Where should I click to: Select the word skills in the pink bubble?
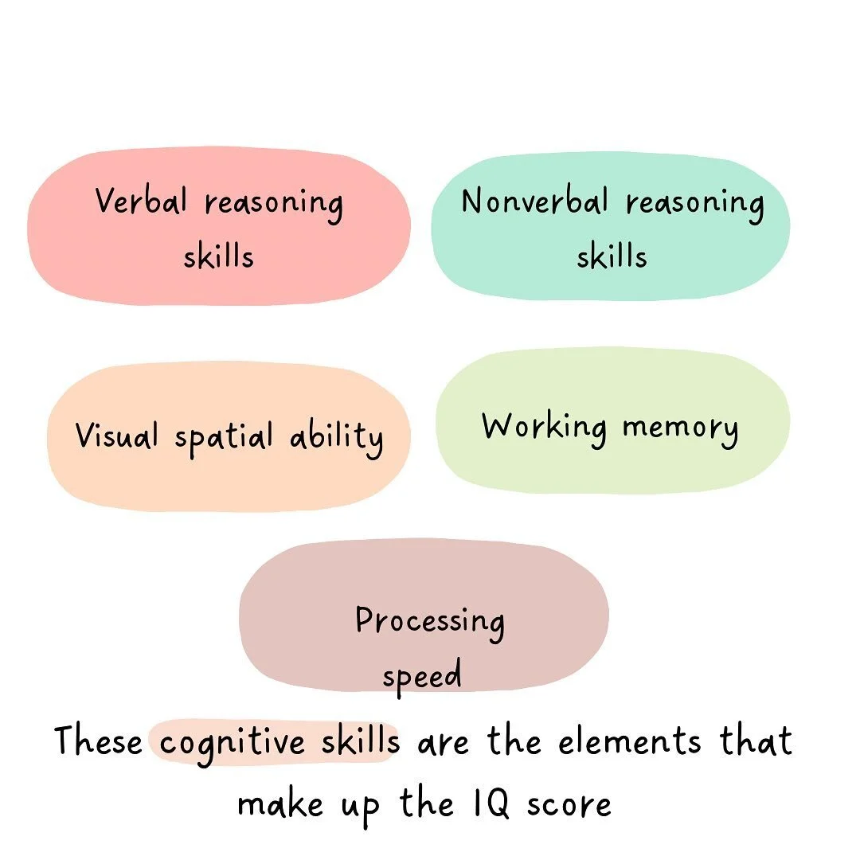tap(218, 256)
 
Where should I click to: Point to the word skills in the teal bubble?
tap(612, 256)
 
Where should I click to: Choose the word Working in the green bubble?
tap(544, 428)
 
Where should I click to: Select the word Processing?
tap(430, 621)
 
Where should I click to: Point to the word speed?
tap(422, 677)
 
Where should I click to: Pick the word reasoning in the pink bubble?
tap(274, 204)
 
